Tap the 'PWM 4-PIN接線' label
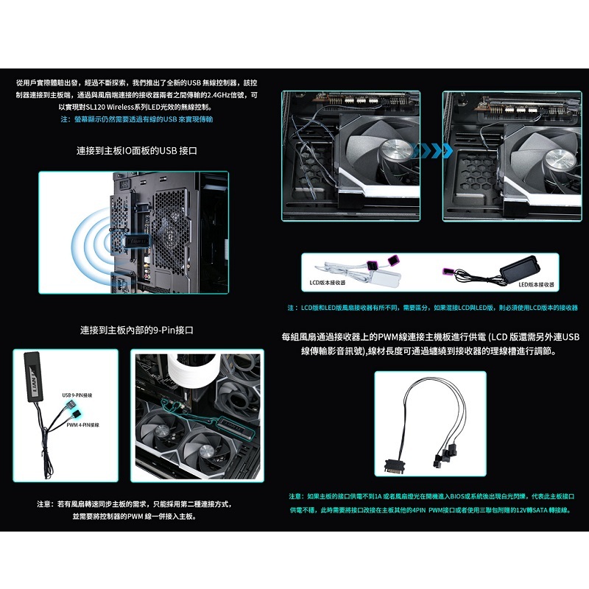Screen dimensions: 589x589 82,426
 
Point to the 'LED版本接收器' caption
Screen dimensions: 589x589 536,283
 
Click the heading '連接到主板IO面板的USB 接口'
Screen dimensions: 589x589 137,150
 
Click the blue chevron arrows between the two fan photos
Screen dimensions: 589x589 431,150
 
